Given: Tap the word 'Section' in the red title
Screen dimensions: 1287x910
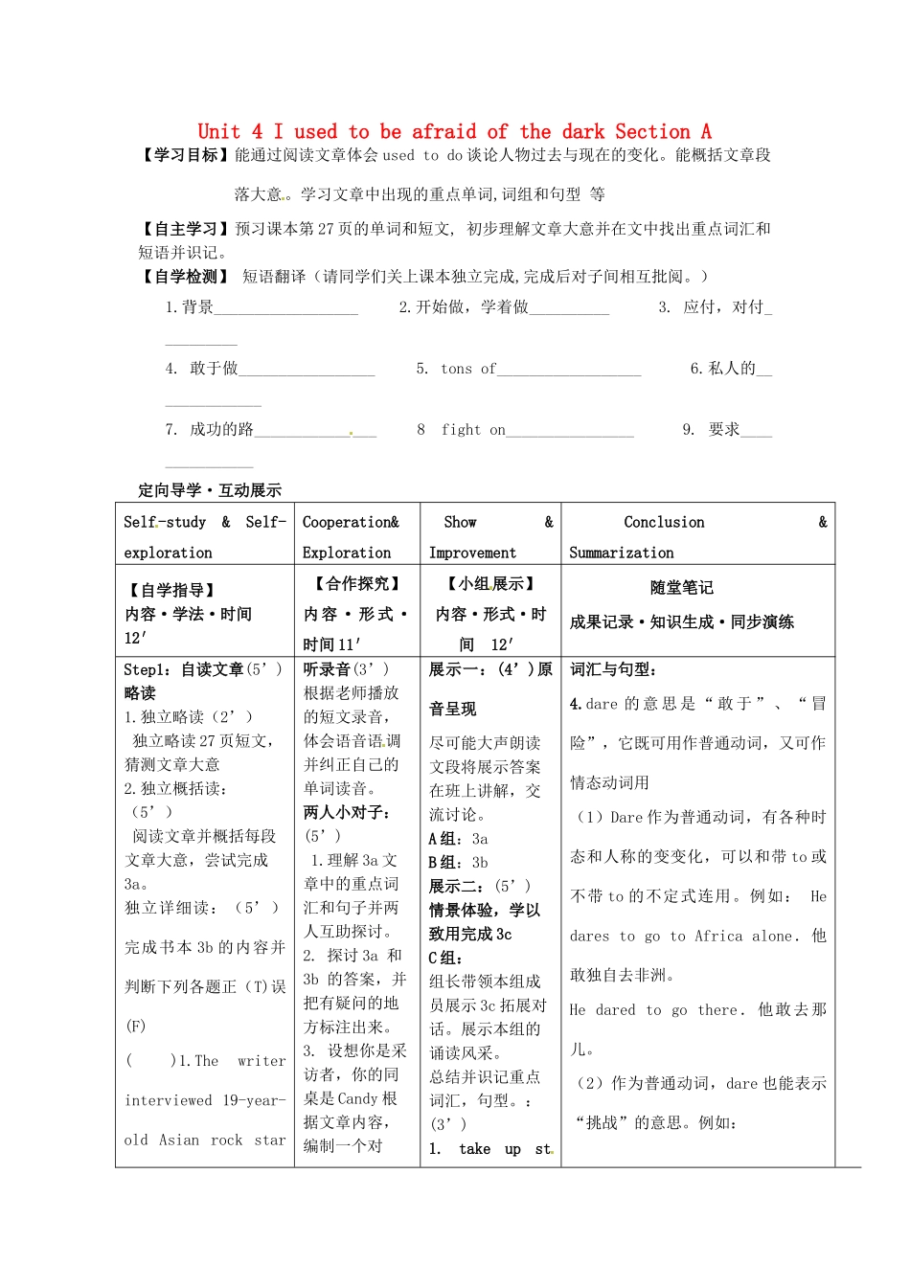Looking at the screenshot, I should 652,132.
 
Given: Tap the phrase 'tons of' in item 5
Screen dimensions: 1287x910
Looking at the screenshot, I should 468,369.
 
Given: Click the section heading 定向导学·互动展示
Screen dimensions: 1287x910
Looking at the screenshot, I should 210,490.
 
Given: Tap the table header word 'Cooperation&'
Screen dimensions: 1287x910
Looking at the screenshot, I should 351,522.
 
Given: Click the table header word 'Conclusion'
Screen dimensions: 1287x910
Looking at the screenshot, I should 664,522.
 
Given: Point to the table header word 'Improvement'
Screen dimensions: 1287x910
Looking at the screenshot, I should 472,553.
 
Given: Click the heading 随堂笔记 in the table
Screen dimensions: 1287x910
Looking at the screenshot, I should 681,588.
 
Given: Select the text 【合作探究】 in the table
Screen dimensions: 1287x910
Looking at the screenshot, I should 357,583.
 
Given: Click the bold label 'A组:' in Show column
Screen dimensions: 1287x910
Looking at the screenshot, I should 447,839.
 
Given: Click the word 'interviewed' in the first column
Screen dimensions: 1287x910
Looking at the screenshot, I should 169,1100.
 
